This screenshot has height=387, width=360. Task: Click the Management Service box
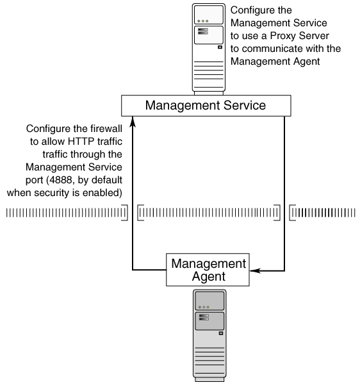pos(205,105)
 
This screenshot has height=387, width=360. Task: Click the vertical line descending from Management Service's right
pos(284,192)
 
